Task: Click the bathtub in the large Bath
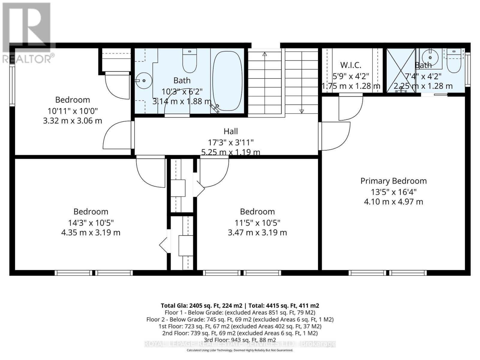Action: point(227,81)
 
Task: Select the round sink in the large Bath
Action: point(144,80)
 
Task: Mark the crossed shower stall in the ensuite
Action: point(401,70)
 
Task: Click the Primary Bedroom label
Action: point(393,181)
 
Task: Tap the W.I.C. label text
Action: point(350,65)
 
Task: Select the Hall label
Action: point(231,131)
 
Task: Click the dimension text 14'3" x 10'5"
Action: point(91,223)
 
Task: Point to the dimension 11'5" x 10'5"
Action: point(257,223)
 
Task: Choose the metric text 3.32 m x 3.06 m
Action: point(73,121)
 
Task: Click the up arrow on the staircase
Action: point(265,54)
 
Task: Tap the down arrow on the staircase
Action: point(301,111)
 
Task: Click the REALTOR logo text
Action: point(28,58)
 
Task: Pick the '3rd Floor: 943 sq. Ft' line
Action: point(240,340)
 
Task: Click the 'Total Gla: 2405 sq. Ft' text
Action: point(201,306)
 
